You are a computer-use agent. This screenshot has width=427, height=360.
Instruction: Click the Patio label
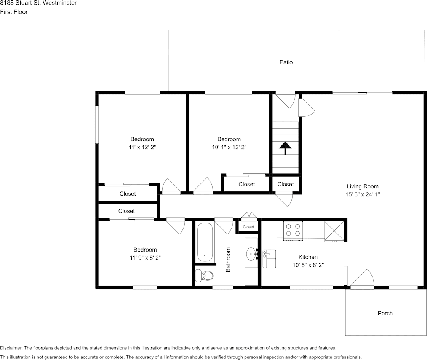pyautogui.click(x=286, y=62)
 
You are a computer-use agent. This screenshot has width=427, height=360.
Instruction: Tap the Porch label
pyautogui.click(x=385, y=313)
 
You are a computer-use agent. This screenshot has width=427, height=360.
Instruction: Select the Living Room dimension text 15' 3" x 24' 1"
pyautogui.click(x=362, y=194)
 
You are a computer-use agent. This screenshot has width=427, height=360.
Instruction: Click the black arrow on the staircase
pyautogui.click(x=285, y=147)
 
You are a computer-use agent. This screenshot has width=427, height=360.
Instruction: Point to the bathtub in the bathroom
pyautogui.click(x=205, y=242)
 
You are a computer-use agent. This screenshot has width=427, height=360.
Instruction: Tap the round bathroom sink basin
pyautogui.click(x=251, y=253)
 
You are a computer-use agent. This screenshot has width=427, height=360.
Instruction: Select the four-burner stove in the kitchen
pyautogui.click(x=293, y=230)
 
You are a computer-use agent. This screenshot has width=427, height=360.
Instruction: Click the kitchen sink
pyautogui.click(x=269, y=259)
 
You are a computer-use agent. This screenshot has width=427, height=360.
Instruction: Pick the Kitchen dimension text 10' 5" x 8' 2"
pyautogui.click(x=308, y=265)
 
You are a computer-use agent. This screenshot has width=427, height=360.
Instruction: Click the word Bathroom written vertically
pyautogui.click(x=229, y=260)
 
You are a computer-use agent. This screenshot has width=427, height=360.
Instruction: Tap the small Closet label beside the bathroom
pyautogui.click(x=248, y=227)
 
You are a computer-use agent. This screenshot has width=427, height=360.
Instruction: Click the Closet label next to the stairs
pyautogui.click(x=285, y=184)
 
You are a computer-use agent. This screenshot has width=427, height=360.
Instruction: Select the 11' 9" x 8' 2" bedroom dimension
pyautogui.click(x=145, y=258)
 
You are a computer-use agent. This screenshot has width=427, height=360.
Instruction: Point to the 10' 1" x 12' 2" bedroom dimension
pyautogui.click(x=229, y=147)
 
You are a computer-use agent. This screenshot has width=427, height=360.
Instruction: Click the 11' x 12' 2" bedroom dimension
pyautogui.click(x=142, y=147)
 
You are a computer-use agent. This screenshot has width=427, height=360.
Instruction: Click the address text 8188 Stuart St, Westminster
pyautogui.click(x=38, y=3)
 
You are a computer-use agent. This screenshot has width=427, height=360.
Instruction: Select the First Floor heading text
pyautogui.click(x=14, y=12)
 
